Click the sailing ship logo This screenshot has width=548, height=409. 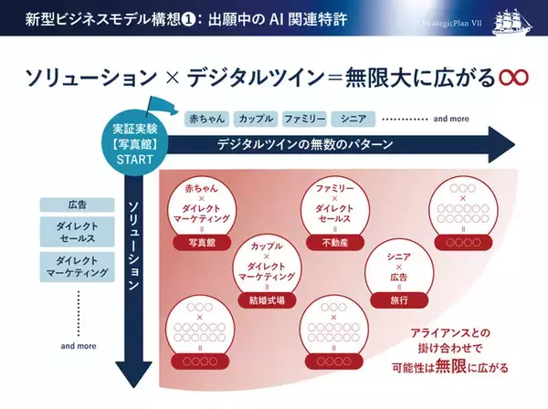517,20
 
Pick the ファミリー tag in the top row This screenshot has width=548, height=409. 303,119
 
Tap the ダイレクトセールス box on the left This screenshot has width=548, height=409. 78,235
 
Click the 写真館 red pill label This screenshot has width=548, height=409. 199,244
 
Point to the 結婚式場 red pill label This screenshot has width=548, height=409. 267,298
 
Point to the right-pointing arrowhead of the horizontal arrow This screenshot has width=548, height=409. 501,145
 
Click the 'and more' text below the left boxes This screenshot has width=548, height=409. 78,347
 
